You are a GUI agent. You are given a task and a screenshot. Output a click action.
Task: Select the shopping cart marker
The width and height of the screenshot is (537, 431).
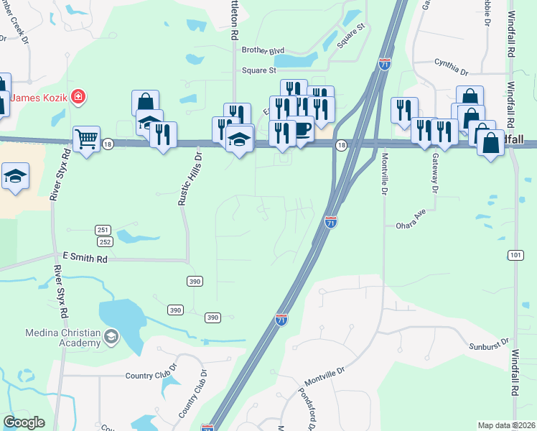[86, 138]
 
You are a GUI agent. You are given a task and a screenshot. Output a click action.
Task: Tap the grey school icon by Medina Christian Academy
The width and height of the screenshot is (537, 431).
[111, 335]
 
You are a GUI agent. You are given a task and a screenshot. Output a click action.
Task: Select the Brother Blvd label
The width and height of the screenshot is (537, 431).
[263, 50]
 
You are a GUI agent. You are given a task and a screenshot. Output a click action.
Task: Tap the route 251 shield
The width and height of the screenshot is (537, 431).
[103, 230]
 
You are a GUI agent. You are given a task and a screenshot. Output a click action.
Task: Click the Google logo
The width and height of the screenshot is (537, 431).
[24, 422]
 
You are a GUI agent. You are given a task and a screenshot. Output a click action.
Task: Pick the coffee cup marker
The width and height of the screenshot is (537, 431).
[301, 129]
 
